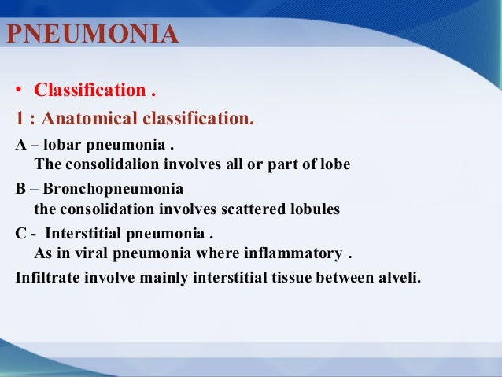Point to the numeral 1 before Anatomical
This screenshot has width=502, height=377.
(x=20, y=119)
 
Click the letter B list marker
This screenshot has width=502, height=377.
(x=20, y=190)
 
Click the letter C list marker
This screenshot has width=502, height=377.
(x=20, y=235)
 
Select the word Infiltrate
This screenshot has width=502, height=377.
(x=45, y=277)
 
